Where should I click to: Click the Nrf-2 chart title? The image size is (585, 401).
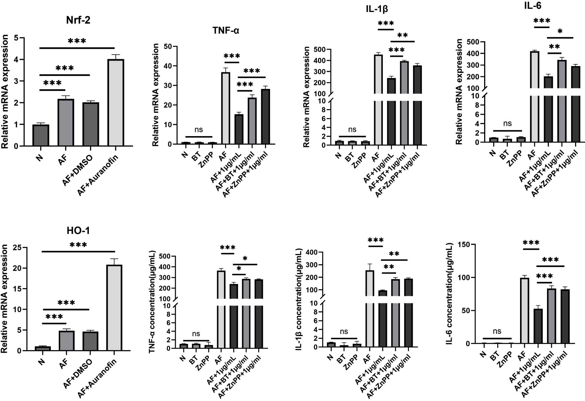[x=78, y=20]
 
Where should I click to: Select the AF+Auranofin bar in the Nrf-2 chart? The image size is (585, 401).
[x=116, y=102]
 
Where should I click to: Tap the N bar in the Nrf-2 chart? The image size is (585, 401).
[x=41, y=135]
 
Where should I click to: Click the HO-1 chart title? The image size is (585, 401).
[x=78, y=231]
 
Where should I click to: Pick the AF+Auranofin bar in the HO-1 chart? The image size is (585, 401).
[x=114, y=307]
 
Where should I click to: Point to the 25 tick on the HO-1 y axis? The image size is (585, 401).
[x=18, y=248]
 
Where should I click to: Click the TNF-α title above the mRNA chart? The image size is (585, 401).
[x=226, y=30]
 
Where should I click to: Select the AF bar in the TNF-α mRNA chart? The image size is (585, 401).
[x=226, y=108]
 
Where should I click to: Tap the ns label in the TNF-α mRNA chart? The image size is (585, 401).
[x=199, y=130]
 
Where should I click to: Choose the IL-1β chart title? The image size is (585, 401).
[x=377, y=9]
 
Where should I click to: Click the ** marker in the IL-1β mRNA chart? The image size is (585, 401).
[x=403, y=36]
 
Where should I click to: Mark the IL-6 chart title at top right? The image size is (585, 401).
[x=532, y=6]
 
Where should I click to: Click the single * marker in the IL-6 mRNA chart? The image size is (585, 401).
[x=560, y=31]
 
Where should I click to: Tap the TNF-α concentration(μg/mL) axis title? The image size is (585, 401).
[x=152, y=301]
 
